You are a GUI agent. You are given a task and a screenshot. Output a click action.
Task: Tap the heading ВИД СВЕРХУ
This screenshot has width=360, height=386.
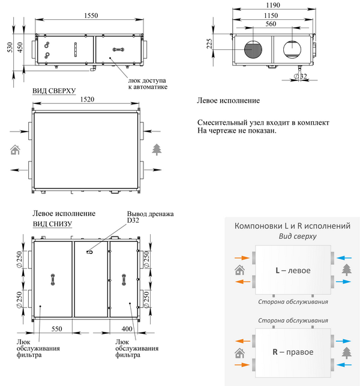(55, 92)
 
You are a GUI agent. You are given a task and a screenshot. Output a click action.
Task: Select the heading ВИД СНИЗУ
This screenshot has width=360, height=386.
(52, 223)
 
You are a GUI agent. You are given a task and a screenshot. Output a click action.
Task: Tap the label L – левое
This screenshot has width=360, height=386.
(293, 271)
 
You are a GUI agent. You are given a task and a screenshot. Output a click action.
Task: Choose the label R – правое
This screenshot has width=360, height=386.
(293, 352)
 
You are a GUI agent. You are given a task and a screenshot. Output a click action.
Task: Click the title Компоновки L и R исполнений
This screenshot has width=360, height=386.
(292, 226)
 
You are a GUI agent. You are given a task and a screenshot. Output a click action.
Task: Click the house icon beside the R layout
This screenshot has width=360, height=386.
(240, 353)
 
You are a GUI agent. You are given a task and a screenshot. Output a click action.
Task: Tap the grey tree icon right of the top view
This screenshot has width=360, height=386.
(157, 148)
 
